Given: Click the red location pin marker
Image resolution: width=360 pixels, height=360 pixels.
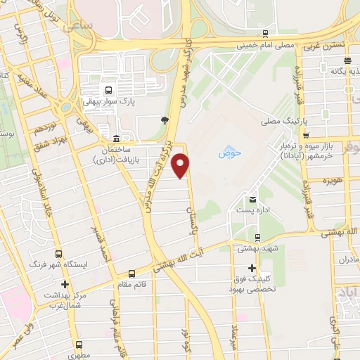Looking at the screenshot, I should [181, 165].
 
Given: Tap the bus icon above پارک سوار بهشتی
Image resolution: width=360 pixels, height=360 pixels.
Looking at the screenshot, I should [108, 90].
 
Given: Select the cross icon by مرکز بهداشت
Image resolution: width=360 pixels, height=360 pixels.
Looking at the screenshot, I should [65, 285].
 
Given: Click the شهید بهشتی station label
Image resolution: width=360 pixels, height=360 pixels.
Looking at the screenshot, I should [257, 247].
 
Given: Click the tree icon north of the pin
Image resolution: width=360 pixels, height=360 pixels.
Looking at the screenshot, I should [165, 120].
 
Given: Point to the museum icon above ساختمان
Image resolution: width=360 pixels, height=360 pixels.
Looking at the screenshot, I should [116, 138].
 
